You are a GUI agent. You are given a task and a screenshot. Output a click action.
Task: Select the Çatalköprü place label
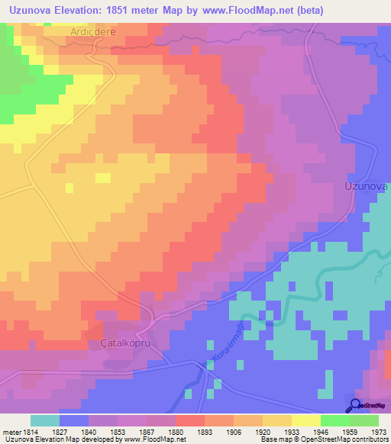coord(124,344)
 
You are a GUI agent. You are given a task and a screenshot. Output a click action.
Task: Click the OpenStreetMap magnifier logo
coord(355,405)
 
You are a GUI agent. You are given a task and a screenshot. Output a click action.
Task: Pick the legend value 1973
coord(378,432)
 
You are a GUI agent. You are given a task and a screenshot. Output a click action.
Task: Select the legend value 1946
coord(320,432)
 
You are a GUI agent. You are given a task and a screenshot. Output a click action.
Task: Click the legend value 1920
coord(263,432)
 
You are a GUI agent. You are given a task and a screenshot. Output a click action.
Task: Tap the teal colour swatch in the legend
coord(45,420)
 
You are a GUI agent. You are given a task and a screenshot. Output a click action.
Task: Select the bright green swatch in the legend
coord(334,420)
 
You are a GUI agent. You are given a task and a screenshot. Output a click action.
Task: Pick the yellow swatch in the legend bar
coord(305,420)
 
